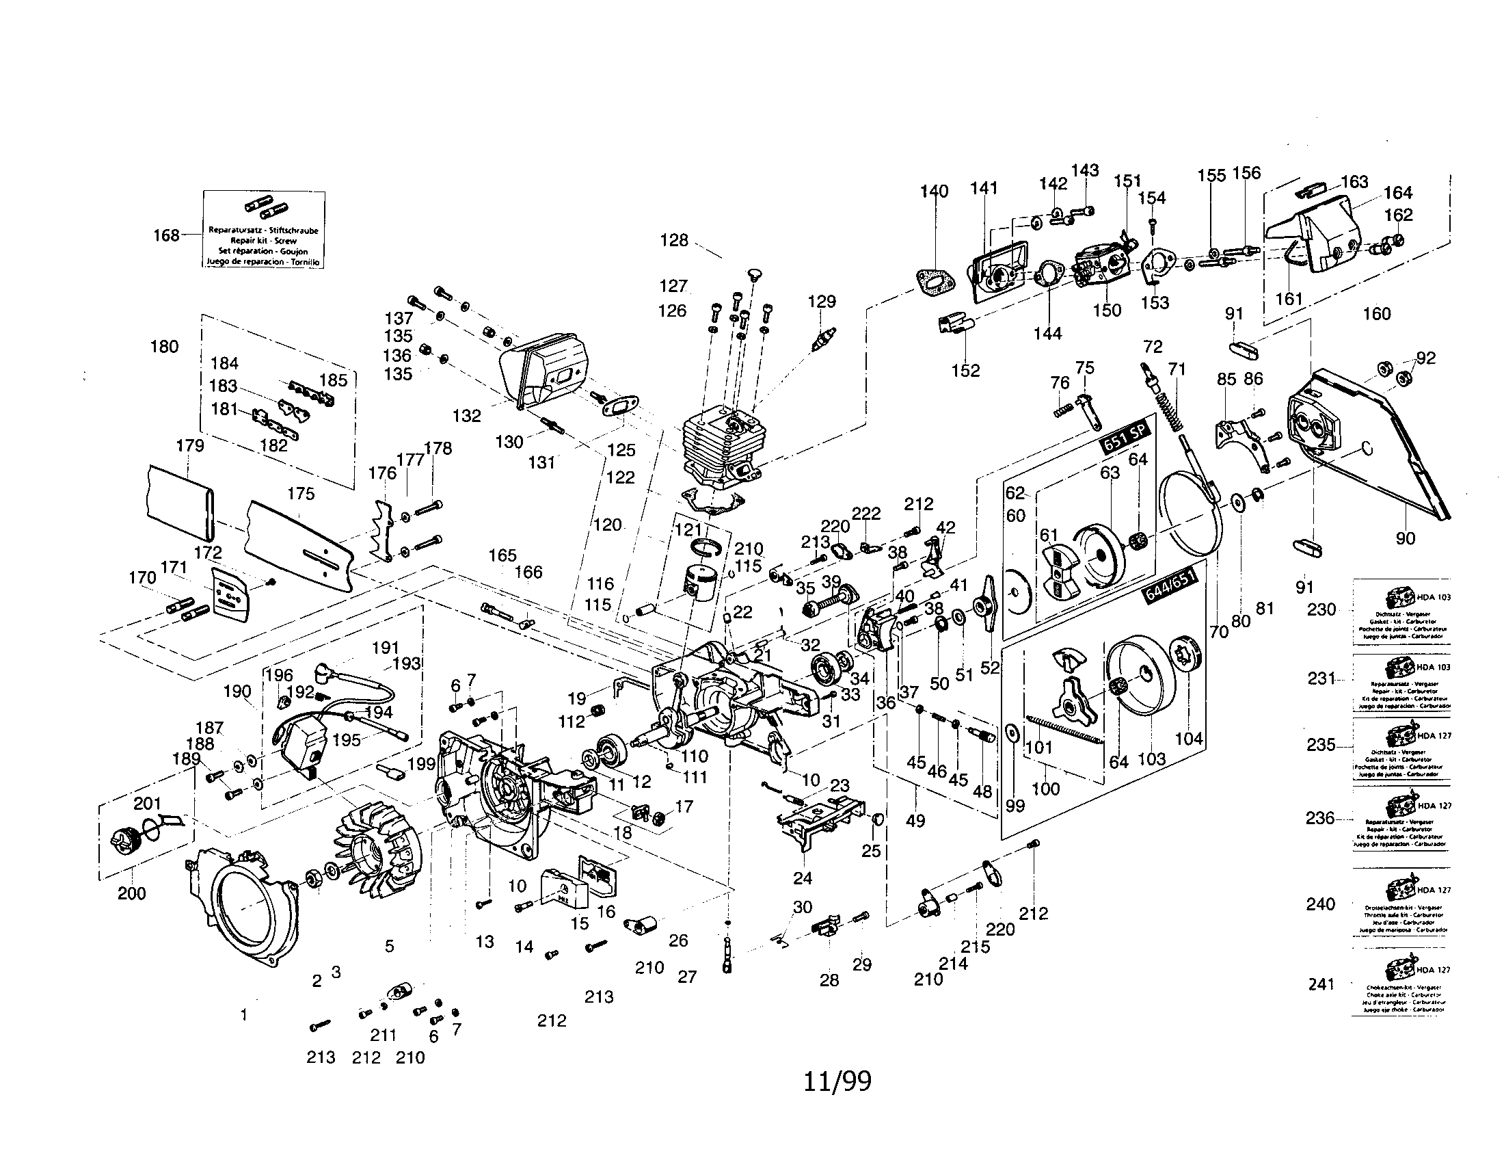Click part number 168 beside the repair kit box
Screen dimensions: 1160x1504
[x=166, y=235]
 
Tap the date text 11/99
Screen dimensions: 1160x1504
[x=837, y=1081]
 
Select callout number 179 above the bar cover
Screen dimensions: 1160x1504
[x=190, y=446]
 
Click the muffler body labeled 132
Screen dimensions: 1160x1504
[x=544, y=373]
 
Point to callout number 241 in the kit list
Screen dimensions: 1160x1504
[x=1321, y=984]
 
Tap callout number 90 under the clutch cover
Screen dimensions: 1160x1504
[x=1405, y=539]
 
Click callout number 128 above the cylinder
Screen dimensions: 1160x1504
[x=673, y=240]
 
